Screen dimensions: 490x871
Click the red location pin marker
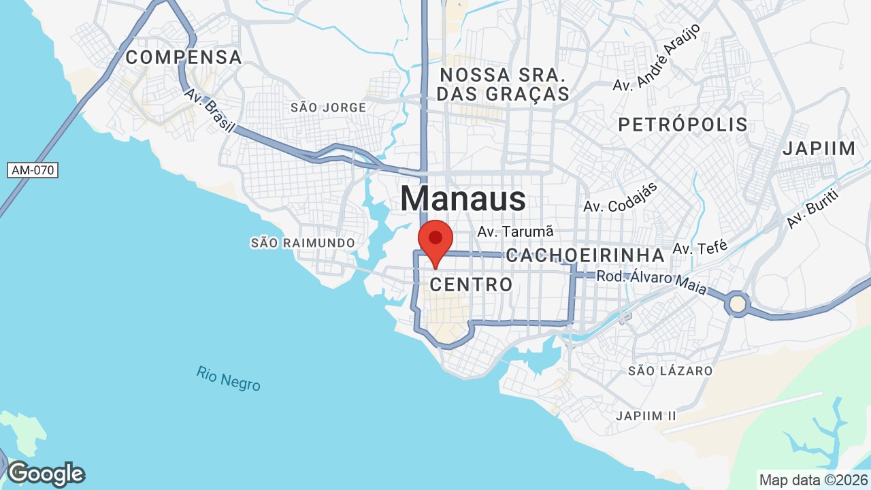tap(435, 240)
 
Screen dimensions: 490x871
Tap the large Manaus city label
tap(463, 199)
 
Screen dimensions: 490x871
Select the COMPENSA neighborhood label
tap(184, 57)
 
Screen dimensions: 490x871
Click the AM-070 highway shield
tap(33, 170)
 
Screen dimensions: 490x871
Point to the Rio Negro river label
tap(229, 378)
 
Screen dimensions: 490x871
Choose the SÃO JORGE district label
tap(328, 108)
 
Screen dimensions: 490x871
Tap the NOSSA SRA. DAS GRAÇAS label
tap(503, 84)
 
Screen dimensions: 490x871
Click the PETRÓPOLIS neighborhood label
tap(683, 125)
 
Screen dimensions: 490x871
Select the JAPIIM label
tap(819, 148)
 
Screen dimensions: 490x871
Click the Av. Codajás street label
tap(620, 197)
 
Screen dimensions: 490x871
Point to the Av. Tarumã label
tap(516, 231)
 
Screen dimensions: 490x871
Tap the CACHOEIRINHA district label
tap(585, 256)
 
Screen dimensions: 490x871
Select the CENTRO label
tap(471, 284)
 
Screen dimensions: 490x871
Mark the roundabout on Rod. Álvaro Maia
tap(738, 303)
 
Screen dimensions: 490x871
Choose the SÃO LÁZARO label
tap(670, 371)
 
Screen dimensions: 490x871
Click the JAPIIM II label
tap(646, 415)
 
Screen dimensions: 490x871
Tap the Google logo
tap(46, 474)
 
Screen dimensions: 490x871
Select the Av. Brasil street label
tap(210, 110)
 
